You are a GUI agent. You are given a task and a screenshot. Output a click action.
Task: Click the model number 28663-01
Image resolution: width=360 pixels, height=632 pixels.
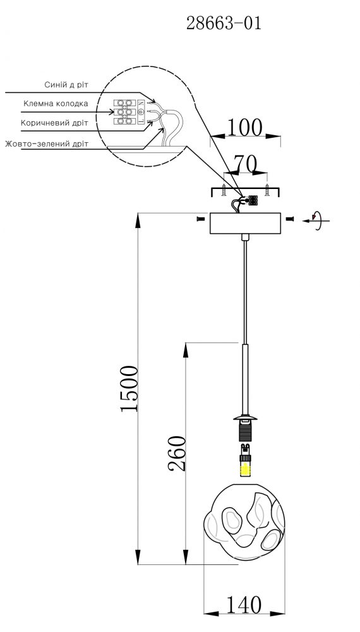click(224, 23)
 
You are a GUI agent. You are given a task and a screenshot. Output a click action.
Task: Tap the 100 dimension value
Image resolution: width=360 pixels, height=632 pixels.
click(245, 128)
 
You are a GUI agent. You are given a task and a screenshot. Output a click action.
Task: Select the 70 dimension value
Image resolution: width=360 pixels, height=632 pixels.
click(245, 164)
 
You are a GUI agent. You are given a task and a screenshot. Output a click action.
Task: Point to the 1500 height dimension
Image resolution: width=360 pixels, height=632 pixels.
click(129, 389)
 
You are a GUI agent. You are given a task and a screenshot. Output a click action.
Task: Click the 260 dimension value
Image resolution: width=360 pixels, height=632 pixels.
click(177, 453)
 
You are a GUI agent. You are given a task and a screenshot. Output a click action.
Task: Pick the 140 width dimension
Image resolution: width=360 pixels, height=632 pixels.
click(244, 605)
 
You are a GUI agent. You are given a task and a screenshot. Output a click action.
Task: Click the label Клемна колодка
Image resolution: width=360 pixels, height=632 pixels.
click(56, 104)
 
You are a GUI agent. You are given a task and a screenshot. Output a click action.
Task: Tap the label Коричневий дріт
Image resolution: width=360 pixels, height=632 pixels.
click(54, 122)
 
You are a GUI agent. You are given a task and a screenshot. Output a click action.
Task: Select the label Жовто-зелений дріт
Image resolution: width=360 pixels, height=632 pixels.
click(47, 143)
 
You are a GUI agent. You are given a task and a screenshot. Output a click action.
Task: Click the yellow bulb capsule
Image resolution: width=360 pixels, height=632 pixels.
click(246, 469)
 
